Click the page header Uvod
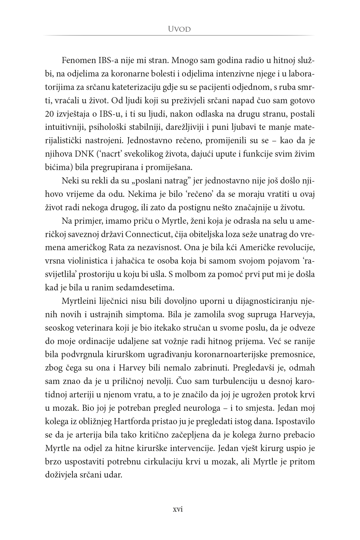[180, 29]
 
